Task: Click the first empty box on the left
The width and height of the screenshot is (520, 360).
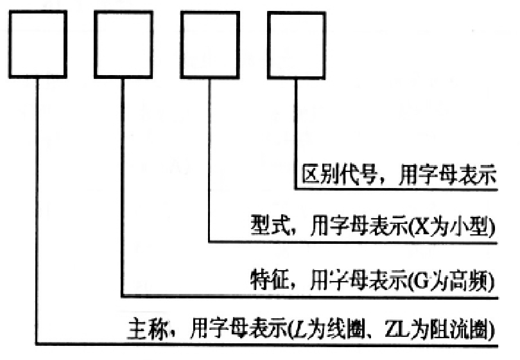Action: click(39, 43)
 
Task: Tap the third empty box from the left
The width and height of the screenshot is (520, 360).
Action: click(210, 43)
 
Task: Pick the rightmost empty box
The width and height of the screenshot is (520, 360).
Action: click(295, 43)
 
